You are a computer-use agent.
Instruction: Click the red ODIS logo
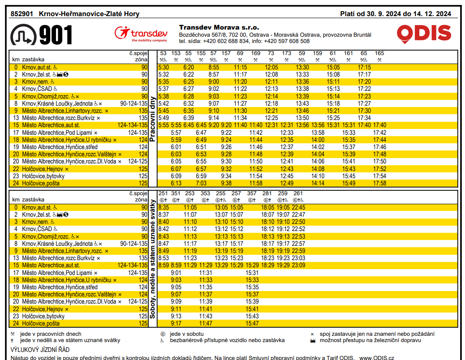tap(424, 34)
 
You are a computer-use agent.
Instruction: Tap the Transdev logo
tap(141, 34)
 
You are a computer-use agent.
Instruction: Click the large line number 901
tap(56, 35)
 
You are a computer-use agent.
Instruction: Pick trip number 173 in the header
tap(287, 53)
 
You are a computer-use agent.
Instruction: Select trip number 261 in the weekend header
tap(298, 193)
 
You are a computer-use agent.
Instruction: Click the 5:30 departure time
tap(164, 67)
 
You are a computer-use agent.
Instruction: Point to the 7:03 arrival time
tap(201, 183)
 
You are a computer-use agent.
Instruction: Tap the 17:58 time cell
tap(379, 183)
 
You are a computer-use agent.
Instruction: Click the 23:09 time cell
tap(298, 266)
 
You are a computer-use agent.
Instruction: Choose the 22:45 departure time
tap(298, 208)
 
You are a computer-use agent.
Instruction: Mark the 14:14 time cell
tap(318, 183)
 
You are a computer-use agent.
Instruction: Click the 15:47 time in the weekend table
tap(252, 323)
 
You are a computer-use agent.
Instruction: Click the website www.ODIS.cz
tap(377, 357)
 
